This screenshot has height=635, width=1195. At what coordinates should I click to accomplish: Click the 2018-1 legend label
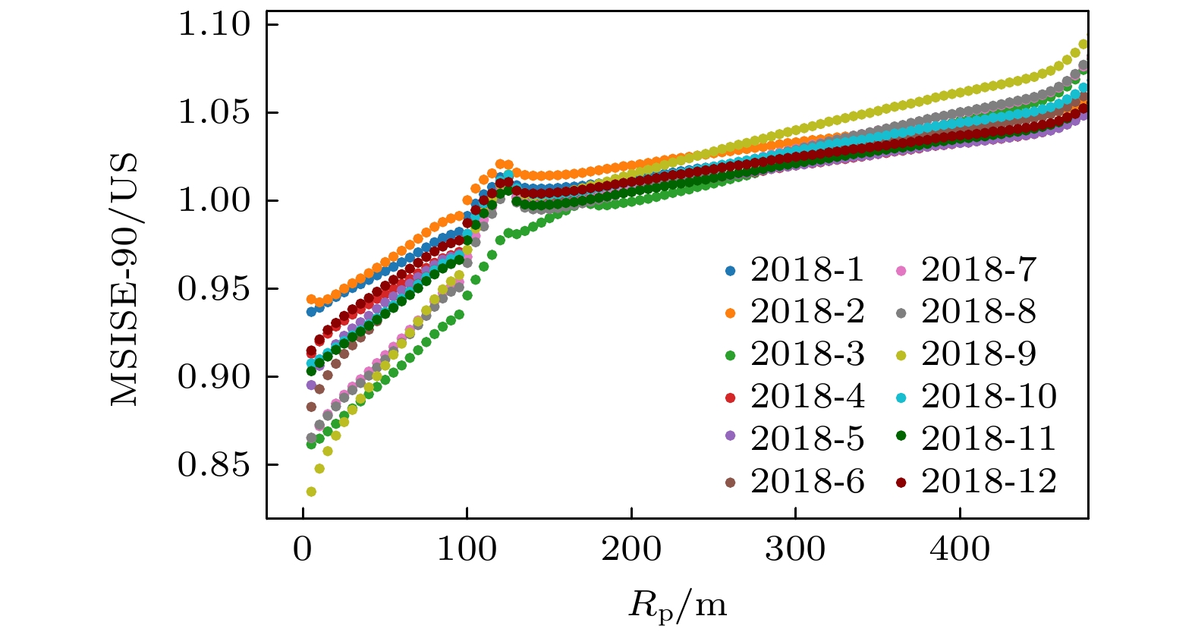807,269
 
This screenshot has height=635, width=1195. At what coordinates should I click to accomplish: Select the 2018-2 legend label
807,312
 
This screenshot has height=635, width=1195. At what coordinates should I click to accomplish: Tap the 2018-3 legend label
807,354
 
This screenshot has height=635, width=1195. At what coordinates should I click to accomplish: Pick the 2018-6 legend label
807,482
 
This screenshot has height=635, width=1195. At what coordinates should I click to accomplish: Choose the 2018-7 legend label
978,269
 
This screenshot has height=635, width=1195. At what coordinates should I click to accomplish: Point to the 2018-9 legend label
978,354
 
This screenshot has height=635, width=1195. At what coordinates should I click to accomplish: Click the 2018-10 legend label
989,397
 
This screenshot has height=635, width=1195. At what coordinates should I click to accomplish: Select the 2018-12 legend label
989,482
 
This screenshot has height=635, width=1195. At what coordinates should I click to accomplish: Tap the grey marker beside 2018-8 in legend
901,312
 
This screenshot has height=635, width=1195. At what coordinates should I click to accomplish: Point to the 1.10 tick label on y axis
213,25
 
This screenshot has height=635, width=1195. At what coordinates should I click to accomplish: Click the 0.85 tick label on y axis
213,465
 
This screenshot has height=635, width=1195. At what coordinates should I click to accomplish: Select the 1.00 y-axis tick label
213,201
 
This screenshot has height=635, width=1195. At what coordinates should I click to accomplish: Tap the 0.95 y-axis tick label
213,289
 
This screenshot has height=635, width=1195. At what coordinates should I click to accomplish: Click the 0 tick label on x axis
303,549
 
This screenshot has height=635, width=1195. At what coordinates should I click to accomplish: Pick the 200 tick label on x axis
631,549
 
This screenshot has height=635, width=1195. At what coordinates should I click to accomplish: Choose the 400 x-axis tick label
960,549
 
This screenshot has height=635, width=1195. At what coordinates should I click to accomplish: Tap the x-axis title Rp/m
677,605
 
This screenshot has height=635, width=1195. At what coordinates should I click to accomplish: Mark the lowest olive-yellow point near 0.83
311,492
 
